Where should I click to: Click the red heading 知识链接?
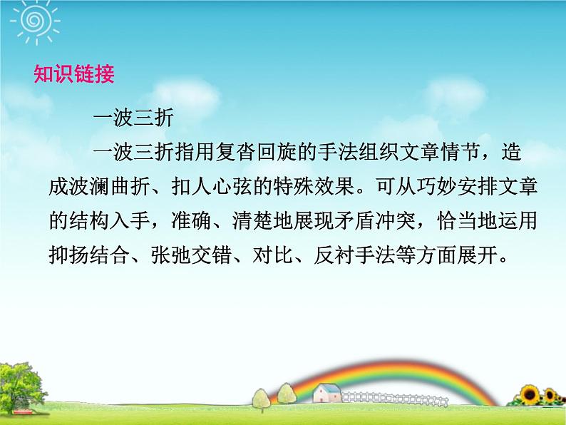[74, 74]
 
